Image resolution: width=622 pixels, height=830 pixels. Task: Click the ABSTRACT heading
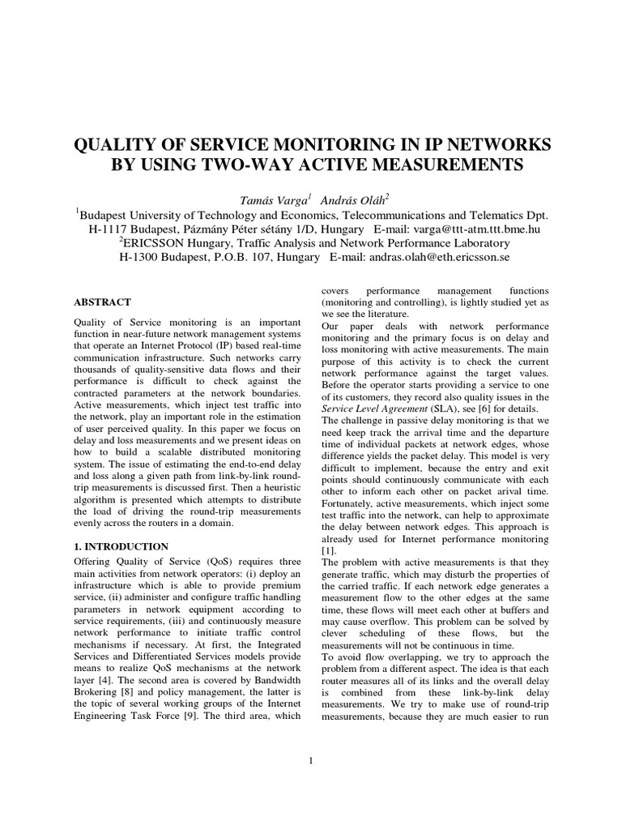(x=102, y=302)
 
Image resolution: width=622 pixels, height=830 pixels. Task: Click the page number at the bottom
(x=311, y=759)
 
